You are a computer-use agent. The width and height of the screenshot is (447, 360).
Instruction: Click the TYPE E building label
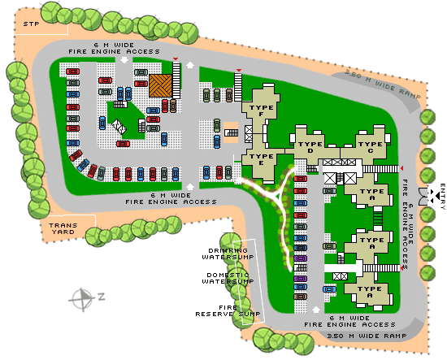(261, 159)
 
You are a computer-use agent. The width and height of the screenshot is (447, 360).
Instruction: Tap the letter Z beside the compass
(102, 297)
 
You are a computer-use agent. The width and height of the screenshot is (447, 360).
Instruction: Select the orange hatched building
(160, 85)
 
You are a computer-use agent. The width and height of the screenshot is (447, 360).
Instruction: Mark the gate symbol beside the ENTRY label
(423, 194)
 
